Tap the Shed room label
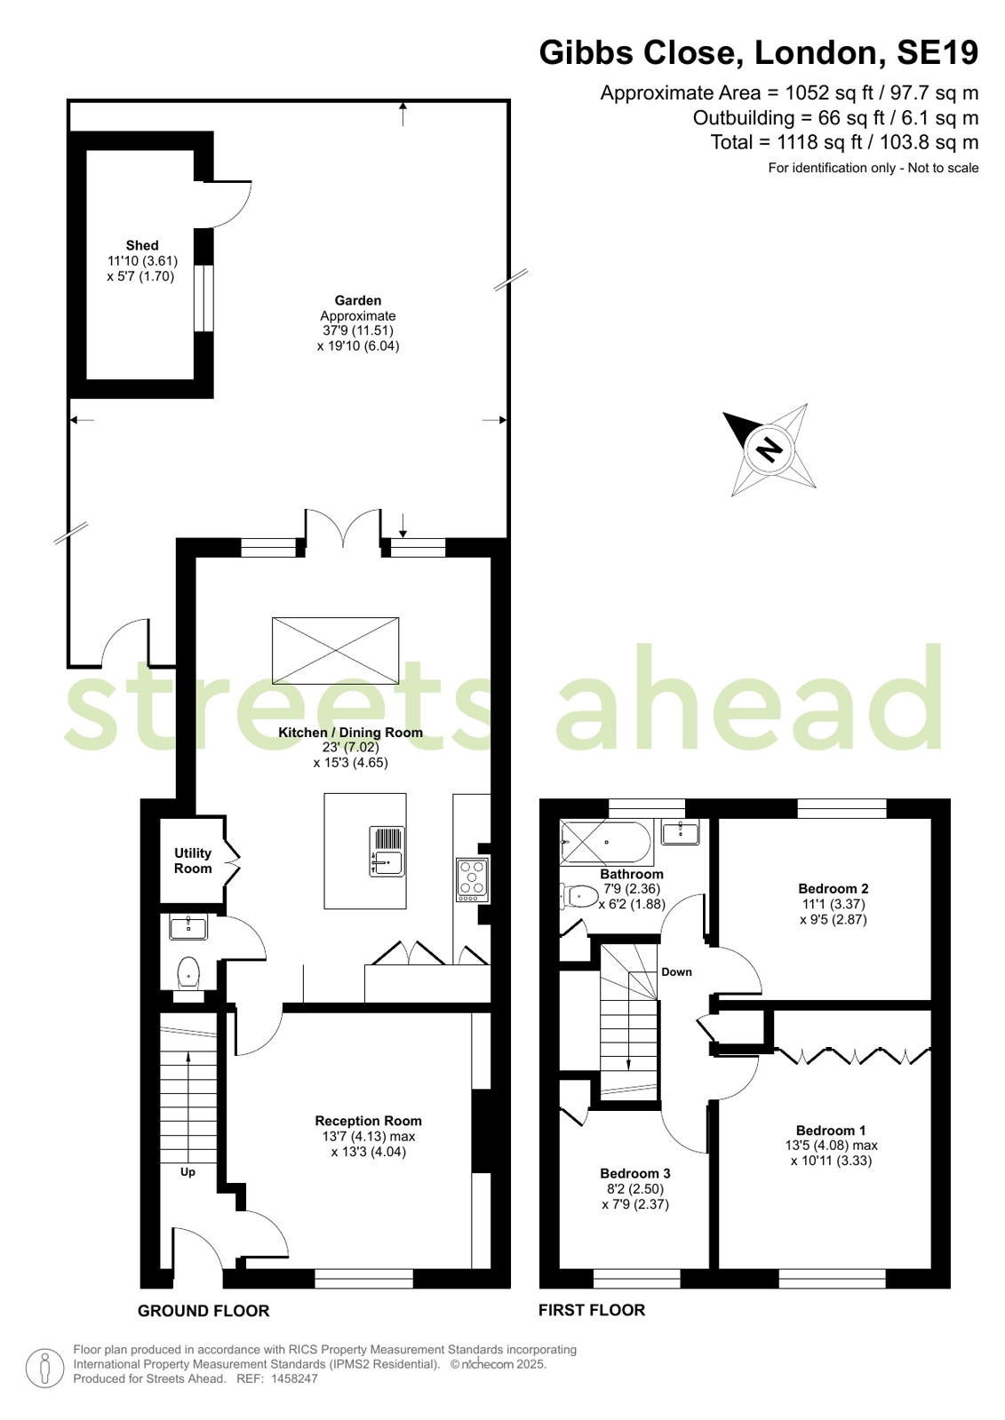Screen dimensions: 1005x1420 point(142,245)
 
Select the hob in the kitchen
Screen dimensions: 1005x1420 point(473,880)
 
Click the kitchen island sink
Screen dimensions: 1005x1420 point(387,852)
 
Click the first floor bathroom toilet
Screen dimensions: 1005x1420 point(579,896)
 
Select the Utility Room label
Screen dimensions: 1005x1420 point(193,861)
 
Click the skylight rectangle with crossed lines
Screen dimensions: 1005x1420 point(336,650)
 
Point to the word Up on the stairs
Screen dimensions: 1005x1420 point(187,1172)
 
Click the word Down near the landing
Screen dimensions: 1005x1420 point(676,972)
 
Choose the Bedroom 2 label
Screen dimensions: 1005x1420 point(834,889)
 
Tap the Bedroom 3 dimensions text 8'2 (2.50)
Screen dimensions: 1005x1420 point(635,1189)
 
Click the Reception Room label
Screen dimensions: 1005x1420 point(369,1121)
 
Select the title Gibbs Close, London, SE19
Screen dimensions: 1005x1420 point(759,52)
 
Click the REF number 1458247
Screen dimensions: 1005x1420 point(294,1379)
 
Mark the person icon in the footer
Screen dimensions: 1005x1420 point(45,1369)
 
